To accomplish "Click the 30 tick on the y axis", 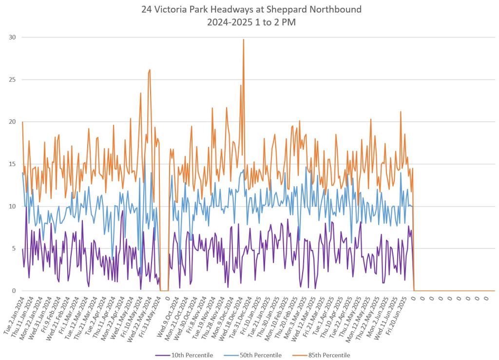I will [x=11, y=38].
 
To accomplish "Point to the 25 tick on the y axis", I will [x=11, y=80].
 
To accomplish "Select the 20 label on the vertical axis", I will [x=11, y=122].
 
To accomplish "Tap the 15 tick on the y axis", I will [x=11, y=164].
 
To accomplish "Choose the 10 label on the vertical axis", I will [x=11, y=207].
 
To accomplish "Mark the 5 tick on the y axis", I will [x=13, y=248].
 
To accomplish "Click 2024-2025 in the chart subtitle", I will [x=228, y=22].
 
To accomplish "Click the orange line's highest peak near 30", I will [x=243, y=39].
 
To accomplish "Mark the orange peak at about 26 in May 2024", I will [x=150, y=70].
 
